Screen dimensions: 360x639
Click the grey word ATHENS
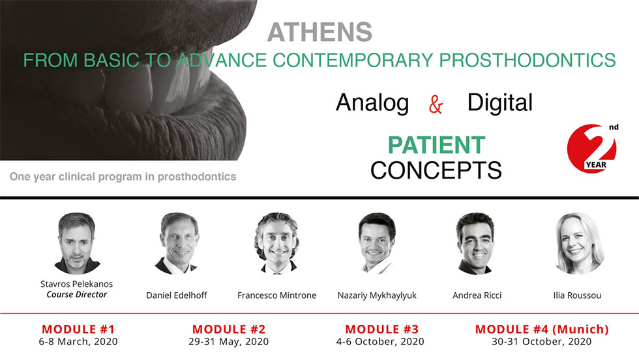click(x=319, y=32)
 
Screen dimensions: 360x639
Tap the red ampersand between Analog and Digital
click(x=436, y=104)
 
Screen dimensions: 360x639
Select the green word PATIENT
click(x=436, y=145)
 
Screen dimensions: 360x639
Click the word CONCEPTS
click(x=436, y=170)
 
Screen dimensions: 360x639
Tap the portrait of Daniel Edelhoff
click(x=177, y=243)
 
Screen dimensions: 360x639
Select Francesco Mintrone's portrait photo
click(x=276, y=243)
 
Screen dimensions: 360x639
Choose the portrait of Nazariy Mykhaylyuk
click(x=376, y=243)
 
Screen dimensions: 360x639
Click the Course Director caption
click(x=77, y=294)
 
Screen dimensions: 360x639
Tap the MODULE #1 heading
click(x=78, y=329)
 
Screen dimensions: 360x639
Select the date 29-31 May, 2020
click(x=229, y=342)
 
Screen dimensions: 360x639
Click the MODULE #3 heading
click(x=381, y=329)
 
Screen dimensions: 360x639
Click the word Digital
click(x=499, y=102)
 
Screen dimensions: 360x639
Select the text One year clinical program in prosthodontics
click(x=123, y=177)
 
